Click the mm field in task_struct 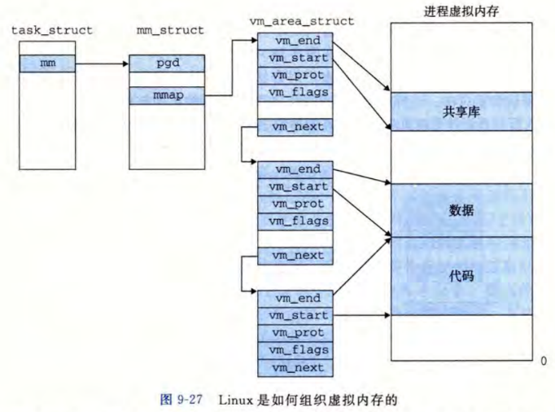pyautogui.click(x=47, y=63)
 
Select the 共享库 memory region pyautogui.click(x=461, y=112)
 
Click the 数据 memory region pyautogui.click(x=461, y=210)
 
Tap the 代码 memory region pyautogui.click(x=461, y=276)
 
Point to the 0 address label pyautogui.click(x=543, y=359)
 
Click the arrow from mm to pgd pyautogui.click(x=102, y=63)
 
